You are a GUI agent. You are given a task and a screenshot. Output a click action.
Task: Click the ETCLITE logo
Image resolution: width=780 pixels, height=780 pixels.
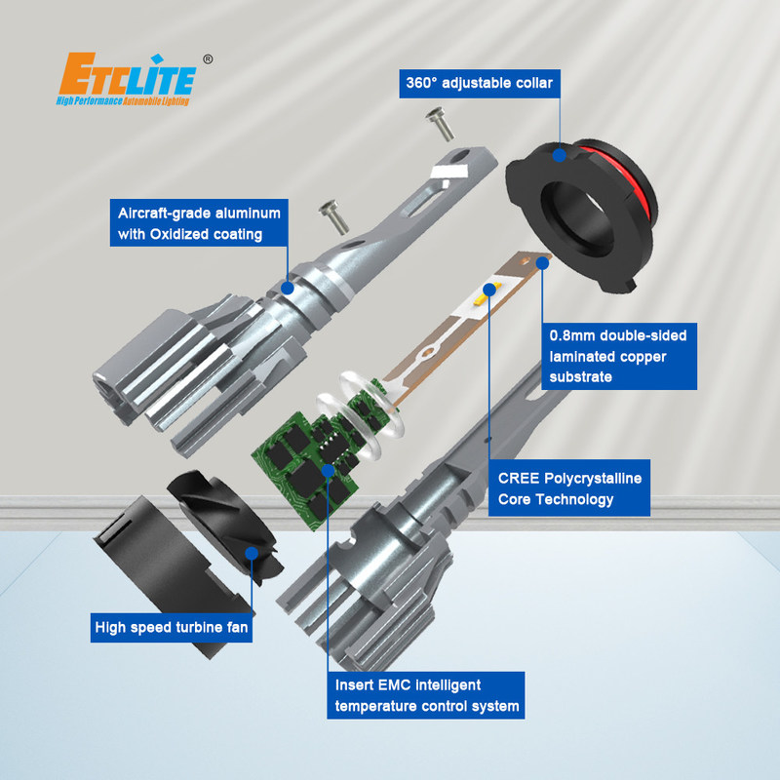click(x=127, y=79)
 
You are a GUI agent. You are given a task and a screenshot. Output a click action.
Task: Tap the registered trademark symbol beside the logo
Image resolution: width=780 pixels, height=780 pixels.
click(x=208, y=59)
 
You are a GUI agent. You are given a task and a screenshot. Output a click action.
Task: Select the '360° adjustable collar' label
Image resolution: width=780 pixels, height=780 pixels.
click(x=480, y=83)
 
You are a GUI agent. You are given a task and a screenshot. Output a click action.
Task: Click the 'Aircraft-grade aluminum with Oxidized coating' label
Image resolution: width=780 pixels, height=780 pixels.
click(x=199, y=223)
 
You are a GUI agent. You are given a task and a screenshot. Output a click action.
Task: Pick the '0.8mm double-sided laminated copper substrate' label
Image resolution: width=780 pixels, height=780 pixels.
click(x=619, y=356)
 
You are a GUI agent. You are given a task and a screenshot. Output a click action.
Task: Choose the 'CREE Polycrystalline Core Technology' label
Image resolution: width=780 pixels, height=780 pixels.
click(x=569, y=488)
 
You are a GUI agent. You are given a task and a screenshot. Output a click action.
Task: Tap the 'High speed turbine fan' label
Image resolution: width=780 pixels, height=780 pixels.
click(x=172, y=627)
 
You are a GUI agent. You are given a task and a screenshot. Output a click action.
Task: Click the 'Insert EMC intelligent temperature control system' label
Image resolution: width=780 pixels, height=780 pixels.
click(x=426, y=695)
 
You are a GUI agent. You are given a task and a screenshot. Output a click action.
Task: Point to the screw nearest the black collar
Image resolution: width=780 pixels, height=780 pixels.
click(x=441, y=124)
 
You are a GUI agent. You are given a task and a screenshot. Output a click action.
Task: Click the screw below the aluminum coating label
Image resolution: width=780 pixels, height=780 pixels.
click(x=333, y=216)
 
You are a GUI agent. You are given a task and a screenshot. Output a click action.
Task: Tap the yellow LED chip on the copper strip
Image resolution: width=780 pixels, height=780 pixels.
click(x=482, y=297)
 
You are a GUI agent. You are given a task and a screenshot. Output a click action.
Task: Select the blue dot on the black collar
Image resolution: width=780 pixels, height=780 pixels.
click(x=559, y=155)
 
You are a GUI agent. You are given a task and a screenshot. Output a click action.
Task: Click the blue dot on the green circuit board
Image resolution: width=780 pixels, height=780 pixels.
click(x=328, y=470)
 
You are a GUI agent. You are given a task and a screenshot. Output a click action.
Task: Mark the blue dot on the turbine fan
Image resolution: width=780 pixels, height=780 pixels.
click(x=252, y=553)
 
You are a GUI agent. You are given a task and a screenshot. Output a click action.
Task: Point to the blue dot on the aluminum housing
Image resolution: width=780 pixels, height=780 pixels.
click(x=288, y=288)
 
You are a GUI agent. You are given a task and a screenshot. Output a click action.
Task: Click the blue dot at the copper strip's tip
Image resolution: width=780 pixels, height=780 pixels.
click(x=543, y=263)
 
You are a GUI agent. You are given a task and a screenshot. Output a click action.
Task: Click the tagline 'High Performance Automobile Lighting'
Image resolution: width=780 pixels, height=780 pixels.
click(x=123, y=101)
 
